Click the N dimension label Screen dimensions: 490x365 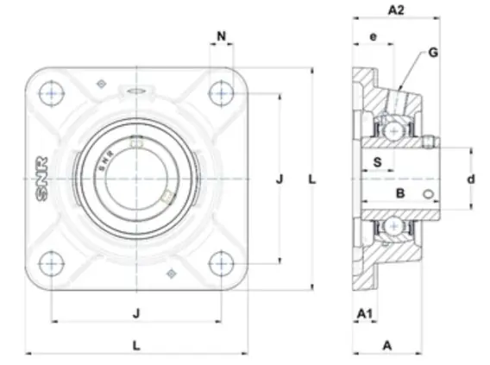pos(221,36)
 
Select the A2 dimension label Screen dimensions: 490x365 pos(396,10)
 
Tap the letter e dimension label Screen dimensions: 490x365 pos(374,37)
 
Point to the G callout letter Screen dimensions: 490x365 pos(433,53)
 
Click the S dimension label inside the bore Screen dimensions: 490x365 pos(378,162)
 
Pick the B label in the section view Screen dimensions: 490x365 pos(400,194)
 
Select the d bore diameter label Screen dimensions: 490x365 pos(471,179)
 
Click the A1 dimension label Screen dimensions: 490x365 pos(365,313)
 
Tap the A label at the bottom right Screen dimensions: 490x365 pos(387,346)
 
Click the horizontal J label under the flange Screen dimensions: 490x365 pos(136,313)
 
